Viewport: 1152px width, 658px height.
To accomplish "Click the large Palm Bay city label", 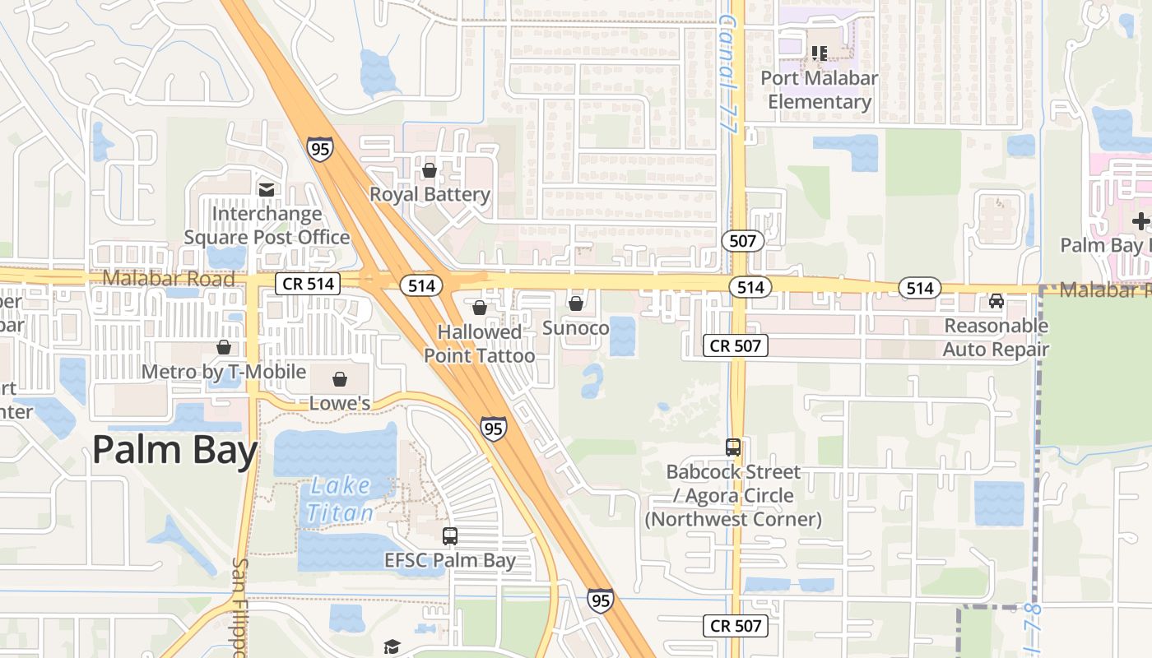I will tap(175, 450).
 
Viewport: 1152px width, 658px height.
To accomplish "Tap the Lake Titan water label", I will tap(340, 499).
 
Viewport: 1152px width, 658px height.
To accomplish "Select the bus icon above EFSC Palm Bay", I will tap(450, 536).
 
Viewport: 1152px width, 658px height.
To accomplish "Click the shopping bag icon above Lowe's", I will tap(339, 379).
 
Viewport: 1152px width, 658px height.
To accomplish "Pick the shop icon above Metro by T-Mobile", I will tap(223, 347).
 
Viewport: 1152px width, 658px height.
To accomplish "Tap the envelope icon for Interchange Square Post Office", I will tap(266, 190).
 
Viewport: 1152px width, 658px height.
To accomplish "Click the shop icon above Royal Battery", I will tap(429, 170).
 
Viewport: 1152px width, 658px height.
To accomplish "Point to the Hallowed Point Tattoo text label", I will tap(479, 344).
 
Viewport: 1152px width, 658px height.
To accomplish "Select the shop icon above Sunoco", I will tap(576, 304).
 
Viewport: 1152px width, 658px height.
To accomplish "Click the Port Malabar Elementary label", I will tap(819, 90).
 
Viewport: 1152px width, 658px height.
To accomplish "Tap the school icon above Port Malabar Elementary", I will tap(819, 53).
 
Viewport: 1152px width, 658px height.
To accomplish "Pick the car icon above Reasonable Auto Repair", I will tap(996, 301).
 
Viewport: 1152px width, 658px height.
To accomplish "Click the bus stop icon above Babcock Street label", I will tap(733, 447).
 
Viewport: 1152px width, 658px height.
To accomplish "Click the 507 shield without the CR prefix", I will tap(743, 241).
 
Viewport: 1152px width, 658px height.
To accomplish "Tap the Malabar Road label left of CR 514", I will tap(169, 278).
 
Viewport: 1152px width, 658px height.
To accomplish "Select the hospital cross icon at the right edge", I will tap(1140, 221).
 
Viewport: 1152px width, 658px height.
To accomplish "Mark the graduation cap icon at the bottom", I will tap(392, 646).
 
